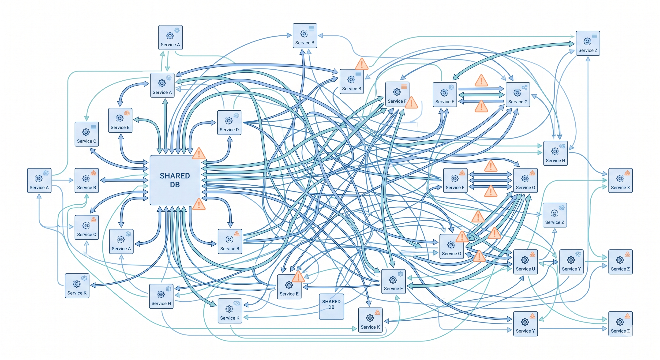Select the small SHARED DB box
331,307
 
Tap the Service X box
620,180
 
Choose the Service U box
525,262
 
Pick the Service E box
289,287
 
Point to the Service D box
229,123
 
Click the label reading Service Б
352,89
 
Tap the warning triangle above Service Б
361,64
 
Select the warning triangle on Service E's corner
298,277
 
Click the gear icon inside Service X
620,178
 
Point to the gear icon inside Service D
229,120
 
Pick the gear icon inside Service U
525,260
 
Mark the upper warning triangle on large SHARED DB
199,154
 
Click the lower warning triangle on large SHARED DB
199,204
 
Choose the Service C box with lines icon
86,134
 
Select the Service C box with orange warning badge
86,227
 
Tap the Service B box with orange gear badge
120,120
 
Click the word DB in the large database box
175,185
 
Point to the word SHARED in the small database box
331,302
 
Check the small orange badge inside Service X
627,173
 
